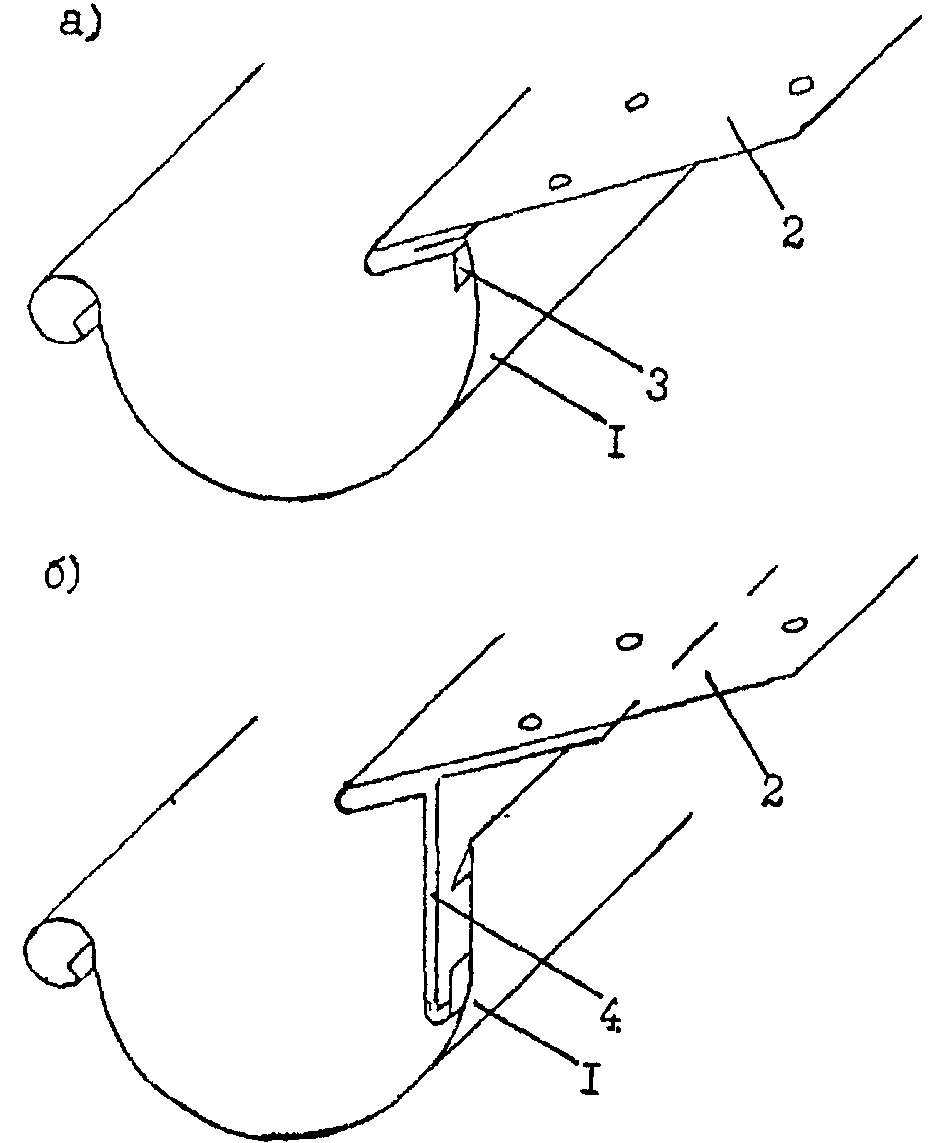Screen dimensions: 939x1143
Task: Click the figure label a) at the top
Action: pyautogui.click(x=81, y=27)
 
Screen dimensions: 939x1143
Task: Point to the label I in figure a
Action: pyautogui.click(x=616, y=440)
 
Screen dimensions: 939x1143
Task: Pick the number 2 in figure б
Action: pyautogui.click(x=771, y=788)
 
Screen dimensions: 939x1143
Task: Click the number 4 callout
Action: pyautogui.click(x=611, y=1014)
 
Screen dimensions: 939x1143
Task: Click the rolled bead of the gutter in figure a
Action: pyautogui.click(x=63, y=308)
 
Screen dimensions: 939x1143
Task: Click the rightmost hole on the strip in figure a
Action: pyautogui.click(x=800, y=85)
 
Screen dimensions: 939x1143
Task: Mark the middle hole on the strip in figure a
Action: pyautogui.click(x=639, y=102)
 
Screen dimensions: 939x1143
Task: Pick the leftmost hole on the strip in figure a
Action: pyautogui.click(x=559, y=180)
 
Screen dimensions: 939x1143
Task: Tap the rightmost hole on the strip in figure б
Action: pyautogui.click(x=793, y=625)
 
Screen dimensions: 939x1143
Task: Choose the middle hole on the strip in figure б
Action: pyautogui.click(x=629, y=641)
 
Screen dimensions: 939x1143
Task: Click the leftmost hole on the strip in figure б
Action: pyautogui.click(x=533, y=722)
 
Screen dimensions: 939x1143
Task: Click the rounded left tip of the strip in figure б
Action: pyautogui.click(x=344, y=798)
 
